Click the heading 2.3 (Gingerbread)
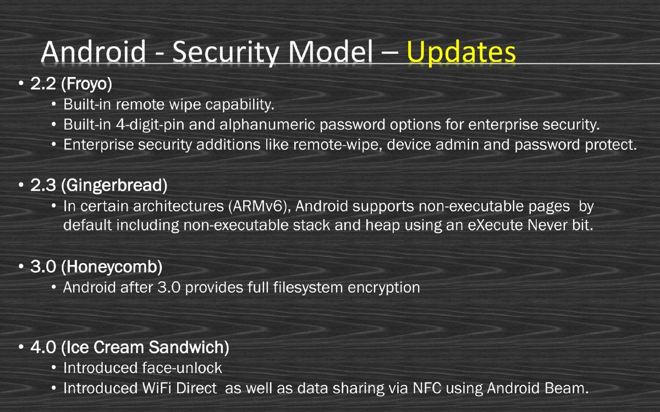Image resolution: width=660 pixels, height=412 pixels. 99,186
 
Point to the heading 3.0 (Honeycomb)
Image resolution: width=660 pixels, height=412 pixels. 96,268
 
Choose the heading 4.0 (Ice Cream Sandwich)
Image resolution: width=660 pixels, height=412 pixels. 130,348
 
